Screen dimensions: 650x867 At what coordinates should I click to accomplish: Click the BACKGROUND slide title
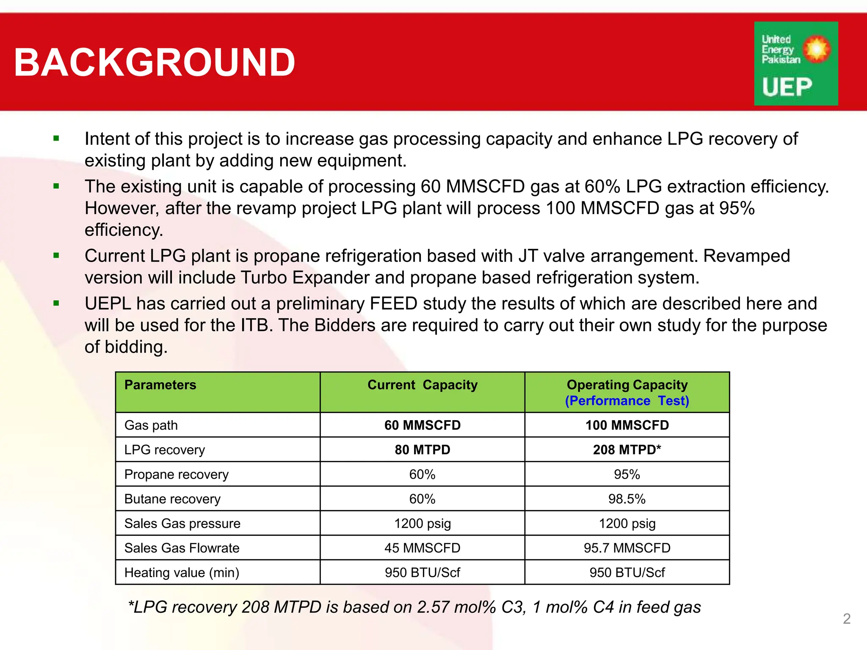[x=155, y=62]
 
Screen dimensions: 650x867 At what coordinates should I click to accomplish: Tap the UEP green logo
[x=795, y=63]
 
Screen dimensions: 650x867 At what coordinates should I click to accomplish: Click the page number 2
[x=846, y=619]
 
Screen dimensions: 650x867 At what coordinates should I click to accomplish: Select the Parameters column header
[x=160, y=385]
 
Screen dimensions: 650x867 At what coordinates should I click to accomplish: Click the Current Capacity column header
[x=422, y=385]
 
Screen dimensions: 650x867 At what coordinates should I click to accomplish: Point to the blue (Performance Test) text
[x=627, y=401]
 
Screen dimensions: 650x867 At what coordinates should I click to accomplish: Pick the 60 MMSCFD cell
[x=422, y=425]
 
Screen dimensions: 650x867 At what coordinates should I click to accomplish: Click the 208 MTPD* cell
[x=627, y=449]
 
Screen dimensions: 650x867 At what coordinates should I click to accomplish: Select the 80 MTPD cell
[x=422, y=449]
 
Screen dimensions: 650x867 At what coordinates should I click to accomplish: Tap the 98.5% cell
[x=627, y=499]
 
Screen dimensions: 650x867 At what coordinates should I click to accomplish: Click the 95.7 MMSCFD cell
[x=627, y=548]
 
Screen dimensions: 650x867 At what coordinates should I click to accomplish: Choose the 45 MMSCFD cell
[x=422, y=548]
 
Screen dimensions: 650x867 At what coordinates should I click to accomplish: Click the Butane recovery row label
[x=172, y=499]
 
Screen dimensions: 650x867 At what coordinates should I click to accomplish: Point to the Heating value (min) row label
[x=182, y=573]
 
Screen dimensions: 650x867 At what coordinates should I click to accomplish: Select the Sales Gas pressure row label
[x=182, y=523]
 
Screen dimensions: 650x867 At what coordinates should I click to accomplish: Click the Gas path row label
[x=151, y=425]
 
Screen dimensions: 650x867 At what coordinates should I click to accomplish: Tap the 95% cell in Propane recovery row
[x=627, y=474]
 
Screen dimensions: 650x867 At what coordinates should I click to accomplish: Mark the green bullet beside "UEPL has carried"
[x=56, y=303]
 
